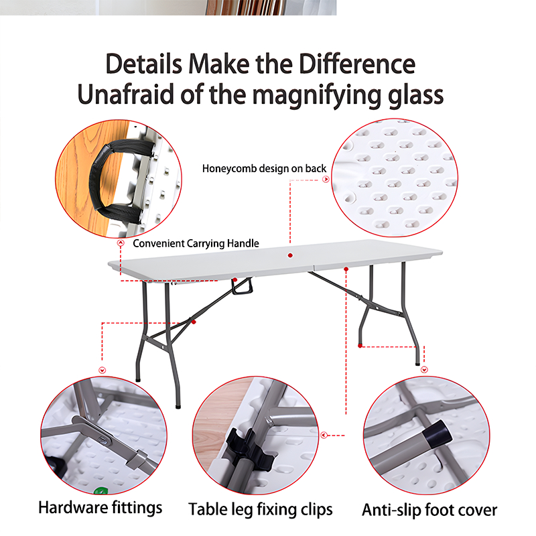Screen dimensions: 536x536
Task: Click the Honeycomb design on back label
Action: point(264,168)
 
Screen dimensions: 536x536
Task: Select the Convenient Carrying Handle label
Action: point(196,243)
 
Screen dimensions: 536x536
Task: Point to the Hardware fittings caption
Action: point(100,507)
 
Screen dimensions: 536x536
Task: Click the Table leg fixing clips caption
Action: point(260,509)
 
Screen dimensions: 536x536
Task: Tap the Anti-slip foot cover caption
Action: point(429,510)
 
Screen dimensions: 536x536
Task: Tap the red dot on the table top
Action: point(290,255)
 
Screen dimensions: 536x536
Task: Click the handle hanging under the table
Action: point(243,287)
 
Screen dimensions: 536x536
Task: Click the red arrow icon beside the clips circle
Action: point(324,435)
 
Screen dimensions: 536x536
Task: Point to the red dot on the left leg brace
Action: point(194,322)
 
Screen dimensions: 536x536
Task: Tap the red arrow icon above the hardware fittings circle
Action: point(102,370)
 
